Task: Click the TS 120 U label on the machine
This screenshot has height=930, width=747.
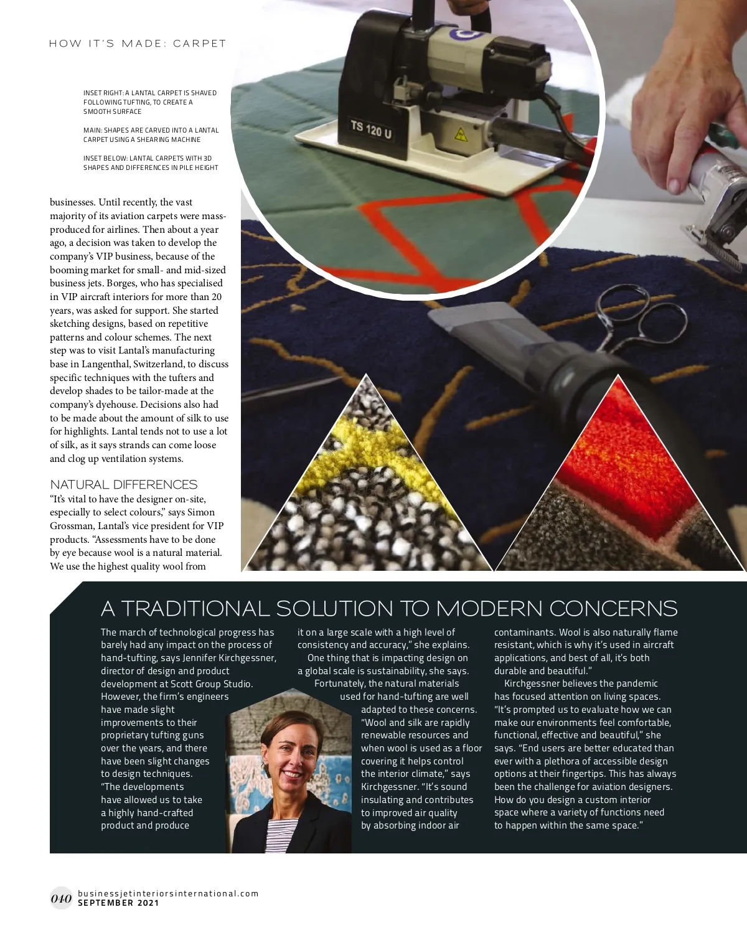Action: (371, 129)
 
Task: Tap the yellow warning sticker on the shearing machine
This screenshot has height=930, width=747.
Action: (460, 133)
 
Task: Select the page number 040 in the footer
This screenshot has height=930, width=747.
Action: (61, 898)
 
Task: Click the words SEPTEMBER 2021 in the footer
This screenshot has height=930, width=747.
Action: (118, 903)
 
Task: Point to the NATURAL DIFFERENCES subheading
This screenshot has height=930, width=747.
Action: (123, 484)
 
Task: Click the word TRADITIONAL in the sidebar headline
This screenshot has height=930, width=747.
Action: (195, 608)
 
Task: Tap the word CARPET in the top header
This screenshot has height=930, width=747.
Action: (199, 44)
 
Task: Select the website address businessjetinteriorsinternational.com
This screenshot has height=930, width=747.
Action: (168, 893)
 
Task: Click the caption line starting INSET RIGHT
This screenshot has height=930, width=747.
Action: (150, 93)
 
